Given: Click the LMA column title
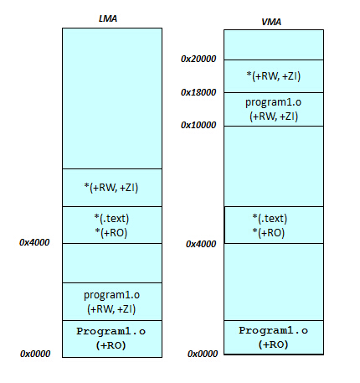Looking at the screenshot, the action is [x=108, y=18].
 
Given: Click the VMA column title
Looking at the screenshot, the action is [x=271, y=22].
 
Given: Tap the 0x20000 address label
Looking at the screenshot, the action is [x=198, y=59].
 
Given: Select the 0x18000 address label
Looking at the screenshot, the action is [x=198, y=92].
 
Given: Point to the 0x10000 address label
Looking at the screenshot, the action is [x=198, y=125].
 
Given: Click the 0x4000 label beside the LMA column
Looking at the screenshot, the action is [x=34, y=242].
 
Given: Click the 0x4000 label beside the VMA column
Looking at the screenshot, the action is [x=201, y=244].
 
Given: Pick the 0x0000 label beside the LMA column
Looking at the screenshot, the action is [x=35, y=354].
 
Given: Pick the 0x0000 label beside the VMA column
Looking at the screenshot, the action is [x=203, y=354].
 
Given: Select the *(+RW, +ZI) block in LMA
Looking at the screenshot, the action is [x=112, y=188].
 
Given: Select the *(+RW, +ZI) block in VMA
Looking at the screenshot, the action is [x=274, y=76].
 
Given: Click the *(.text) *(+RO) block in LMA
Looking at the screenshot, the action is [x=112, y=225].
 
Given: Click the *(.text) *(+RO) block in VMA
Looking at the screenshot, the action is [x=274, y=225].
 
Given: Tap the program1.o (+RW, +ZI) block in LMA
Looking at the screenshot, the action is [x=112, y=302].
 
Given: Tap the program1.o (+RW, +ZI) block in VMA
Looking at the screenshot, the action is [x=274, y=109].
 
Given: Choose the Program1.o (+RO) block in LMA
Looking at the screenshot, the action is [x=112, y=339].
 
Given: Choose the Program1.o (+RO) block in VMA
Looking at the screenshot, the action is [x=274, y=338].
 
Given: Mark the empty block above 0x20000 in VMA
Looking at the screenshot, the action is [x=274, y=45].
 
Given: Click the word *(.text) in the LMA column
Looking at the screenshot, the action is [x=111, y=218].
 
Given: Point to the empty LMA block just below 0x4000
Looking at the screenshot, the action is [x=112, y=263].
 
